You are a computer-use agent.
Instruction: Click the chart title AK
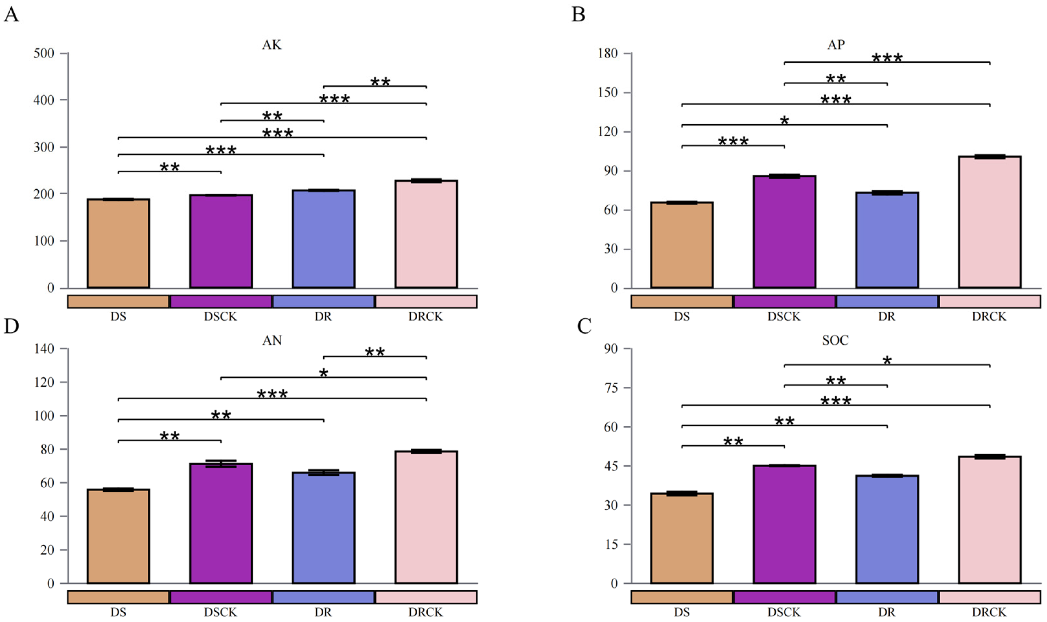click(x=272, y=45)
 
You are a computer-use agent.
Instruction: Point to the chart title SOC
click(x=835, y=340)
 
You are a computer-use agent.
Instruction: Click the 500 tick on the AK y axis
click(x=44, y=54)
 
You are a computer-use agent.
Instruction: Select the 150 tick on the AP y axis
click(x=608, y=93)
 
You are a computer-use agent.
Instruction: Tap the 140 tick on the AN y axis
click(x=44, y=349)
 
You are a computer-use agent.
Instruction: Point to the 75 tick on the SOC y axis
click(x=611, y=388)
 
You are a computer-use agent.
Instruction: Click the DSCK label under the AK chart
click(x=220, y=317)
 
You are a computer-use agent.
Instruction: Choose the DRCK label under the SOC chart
click(x=989, y=612)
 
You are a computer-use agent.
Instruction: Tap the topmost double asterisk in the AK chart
click(x=380, y=82)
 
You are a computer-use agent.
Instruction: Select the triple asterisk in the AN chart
click(x=272, y=394)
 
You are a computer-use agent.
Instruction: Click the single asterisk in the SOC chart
click(x=887, y=361)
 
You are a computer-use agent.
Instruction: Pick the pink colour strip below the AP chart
click(x=989, y=301)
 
